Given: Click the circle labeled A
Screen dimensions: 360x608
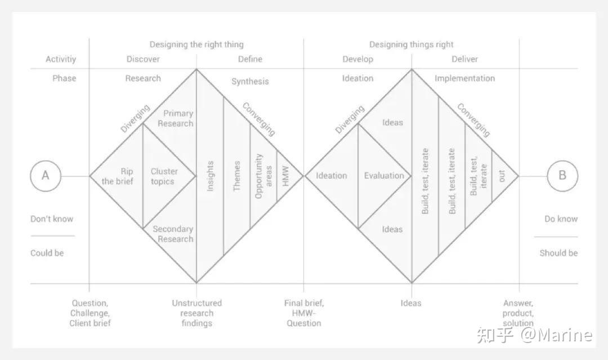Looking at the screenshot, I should (x=46, y=176).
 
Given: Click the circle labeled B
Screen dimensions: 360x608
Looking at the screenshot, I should (x=562, y=176).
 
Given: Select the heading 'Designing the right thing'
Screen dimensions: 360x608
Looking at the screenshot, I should (x=196, y=45).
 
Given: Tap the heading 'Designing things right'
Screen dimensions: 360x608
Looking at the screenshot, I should (x=411, y=45).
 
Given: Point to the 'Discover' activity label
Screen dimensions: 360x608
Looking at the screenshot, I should (x=143, y=59).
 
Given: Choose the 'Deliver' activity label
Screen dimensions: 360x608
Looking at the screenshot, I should (x=464, y=59).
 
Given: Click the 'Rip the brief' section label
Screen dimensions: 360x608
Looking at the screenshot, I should (x=118, y=176).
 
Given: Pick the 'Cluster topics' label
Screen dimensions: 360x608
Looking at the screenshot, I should (x=164, y=176).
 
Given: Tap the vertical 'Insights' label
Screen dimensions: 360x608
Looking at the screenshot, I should (x=210, y=176).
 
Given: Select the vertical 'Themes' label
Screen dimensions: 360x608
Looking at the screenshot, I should (x=237, y=176).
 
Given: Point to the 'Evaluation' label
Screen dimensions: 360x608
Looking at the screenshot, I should (x=384, y=176).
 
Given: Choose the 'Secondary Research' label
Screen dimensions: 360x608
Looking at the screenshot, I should (x=173, y=234).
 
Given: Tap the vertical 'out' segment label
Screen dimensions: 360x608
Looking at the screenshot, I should (x=502, y=176).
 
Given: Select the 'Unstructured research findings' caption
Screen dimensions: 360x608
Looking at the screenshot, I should (x=197, y=313).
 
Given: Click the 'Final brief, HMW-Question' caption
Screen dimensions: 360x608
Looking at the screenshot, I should (x=304, y=313).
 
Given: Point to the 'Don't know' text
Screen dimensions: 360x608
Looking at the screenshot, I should (x=52, y=219).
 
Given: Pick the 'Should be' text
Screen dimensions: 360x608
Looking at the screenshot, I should (x=558, y=253).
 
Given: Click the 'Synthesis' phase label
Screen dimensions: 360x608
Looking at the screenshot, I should (x=250, y=82).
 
